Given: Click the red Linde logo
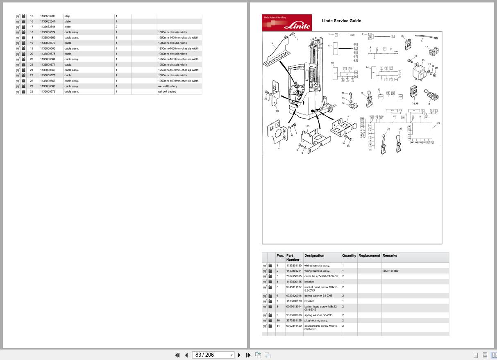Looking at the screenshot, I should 286,23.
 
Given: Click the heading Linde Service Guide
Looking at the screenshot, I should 341,21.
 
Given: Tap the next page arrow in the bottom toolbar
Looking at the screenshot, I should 239,355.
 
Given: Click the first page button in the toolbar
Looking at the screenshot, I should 177,355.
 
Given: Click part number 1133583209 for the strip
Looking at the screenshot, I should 48,16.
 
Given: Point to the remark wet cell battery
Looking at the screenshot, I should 167,86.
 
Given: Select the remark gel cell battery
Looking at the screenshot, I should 167,91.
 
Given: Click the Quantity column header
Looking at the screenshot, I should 349,255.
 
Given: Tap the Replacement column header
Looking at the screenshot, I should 369,255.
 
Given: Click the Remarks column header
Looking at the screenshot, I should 390,255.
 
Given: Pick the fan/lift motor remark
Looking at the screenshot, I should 390,271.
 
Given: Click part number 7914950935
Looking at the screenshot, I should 294,276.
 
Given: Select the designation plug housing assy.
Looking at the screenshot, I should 315,321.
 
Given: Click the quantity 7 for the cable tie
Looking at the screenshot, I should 343,276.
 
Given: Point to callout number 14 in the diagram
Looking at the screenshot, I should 272,43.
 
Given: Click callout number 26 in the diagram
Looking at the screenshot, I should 438,123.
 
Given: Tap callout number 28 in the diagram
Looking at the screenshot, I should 277,111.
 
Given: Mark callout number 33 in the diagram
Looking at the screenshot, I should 308,126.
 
